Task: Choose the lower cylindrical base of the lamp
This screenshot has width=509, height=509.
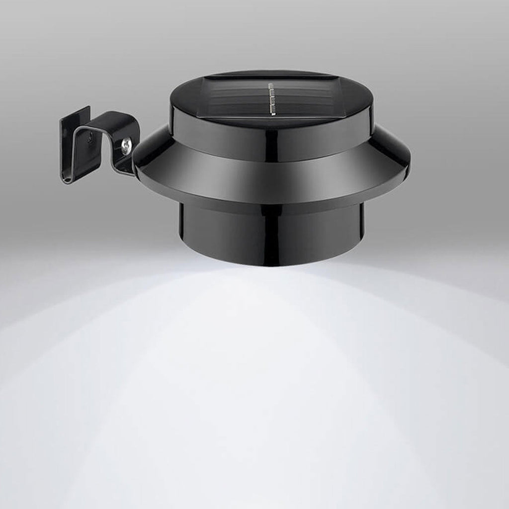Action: pos(271,234)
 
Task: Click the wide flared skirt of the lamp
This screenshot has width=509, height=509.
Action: pos(271,174)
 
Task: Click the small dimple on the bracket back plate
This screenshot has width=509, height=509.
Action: pos(90,140)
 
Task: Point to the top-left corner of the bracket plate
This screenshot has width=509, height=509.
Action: pos(62,119)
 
